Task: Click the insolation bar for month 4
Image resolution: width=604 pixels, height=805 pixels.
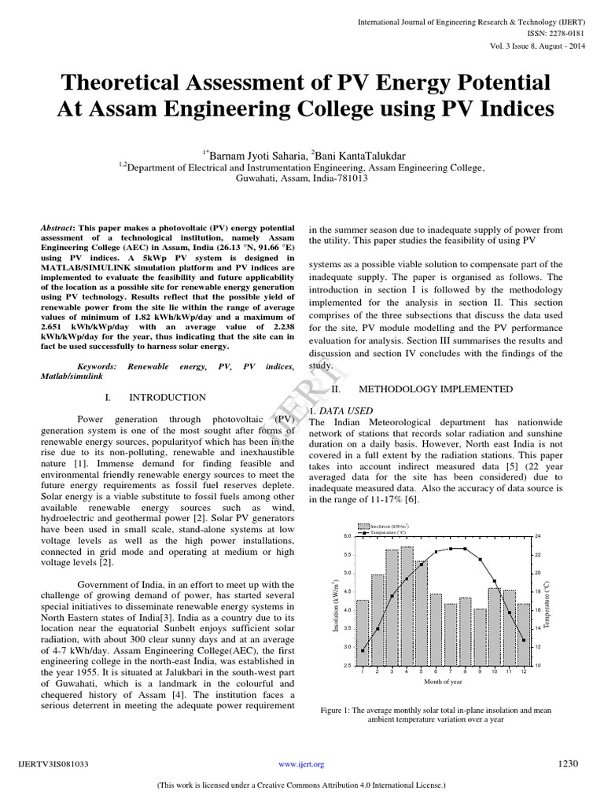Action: [406, 605]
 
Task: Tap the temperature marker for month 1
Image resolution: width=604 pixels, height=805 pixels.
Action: [363, 650]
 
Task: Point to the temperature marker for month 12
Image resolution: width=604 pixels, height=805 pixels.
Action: [524, 640]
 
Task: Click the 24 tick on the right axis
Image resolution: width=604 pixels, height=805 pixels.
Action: [538, 535]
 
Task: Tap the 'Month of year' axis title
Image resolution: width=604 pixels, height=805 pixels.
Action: [443, 682]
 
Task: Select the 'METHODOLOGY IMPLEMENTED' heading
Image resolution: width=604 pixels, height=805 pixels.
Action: [435, 388]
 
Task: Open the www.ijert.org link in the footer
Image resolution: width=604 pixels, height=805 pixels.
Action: [301, 763]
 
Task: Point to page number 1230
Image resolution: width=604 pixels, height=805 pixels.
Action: [568, 763]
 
